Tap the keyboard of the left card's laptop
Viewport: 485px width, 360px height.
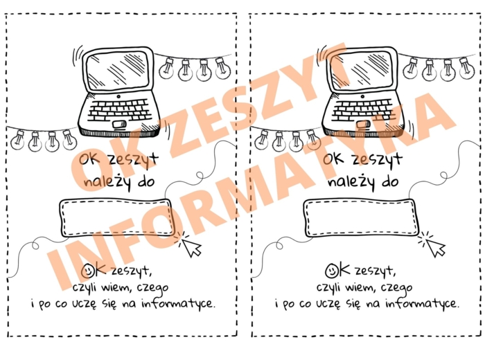point(117,110)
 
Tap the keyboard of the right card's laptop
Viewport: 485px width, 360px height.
point(360,110)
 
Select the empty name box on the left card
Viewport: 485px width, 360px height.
point(115,217)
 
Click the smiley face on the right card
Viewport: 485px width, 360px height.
point(332,270)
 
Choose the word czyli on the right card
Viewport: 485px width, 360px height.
point(331,287)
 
